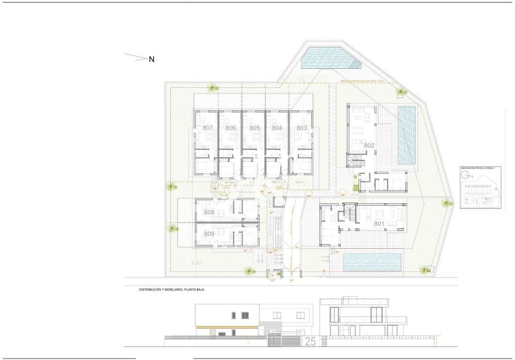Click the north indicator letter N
152,59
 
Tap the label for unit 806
231,128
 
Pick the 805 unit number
254,128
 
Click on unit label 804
277,128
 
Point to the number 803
300,128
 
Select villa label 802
369,145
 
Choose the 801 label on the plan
379,223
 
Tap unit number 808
208,213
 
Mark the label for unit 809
208,234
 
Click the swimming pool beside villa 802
407,134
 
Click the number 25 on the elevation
310,340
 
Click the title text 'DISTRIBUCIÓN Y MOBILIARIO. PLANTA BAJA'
172,290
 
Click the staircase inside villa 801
351,215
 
